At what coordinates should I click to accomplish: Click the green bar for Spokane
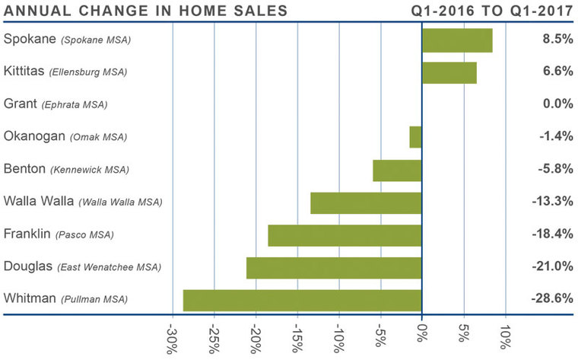[x=457, y=40]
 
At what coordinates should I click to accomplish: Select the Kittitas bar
[x=449, y=72]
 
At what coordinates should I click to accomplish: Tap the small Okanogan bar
[x=415, y=137]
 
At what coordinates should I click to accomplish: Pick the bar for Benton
[x=397, y=170]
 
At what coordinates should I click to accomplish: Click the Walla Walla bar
[x=366, y=202]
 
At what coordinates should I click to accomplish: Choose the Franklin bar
[x=345, y=235]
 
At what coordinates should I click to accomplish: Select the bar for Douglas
[x=334, y=268]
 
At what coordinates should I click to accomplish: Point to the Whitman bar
[x=303, y=300]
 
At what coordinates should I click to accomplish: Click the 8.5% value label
[x=556, y=39]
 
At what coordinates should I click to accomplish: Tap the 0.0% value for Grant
[x=556, y=104]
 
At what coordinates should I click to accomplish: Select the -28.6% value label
[x=551, y=298]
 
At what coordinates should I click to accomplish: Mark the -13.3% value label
[x=551, y=201]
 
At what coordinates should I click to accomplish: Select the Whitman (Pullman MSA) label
[x=65, y=298]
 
